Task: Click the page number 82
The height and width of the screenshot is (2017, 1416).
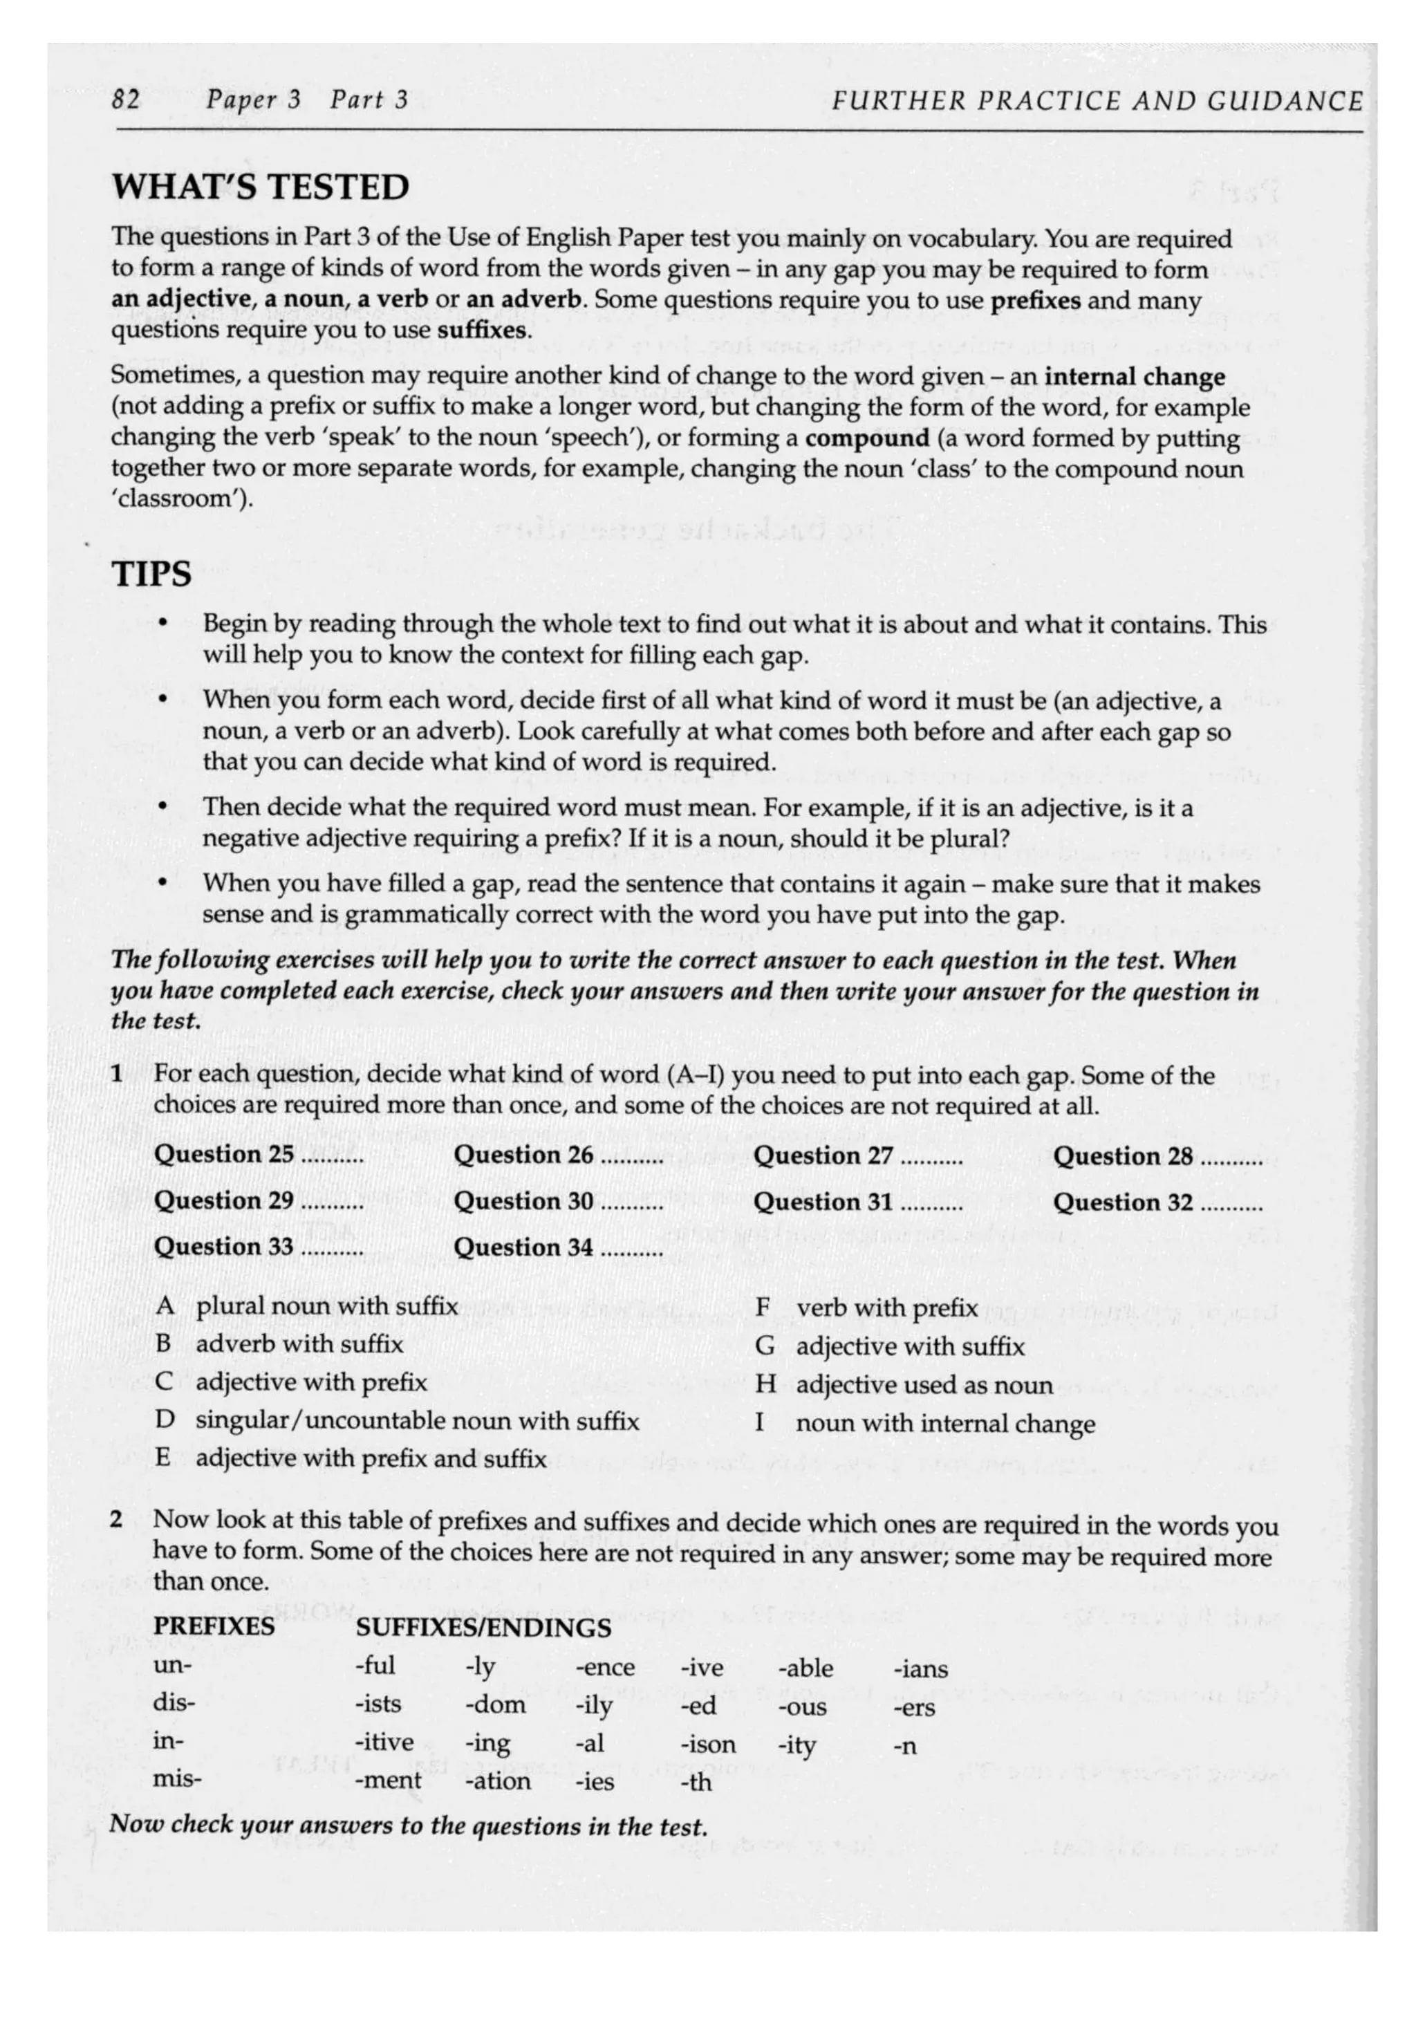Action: [x=126, y=100]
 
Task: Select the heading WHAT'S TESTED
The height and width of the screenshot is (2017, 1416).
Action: [x=260, y=187]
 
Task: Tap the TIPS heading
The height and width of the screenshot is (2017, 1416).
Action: [x=151, y=574]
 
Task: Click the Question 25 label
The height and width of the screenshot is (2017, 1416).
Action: [x=224, y=1154]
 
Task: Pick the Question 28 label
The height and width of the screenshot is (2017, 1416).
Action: [x=1123, y=1155]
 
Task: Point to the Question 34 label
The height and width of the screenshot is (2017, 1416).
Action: [x=523, y=1247]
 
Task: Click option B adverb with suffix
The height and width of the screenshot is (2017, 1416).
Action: [x=279, y=1344]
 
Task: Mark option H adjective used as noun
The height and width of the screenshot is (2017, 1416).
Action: [x=903, y=1384]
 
